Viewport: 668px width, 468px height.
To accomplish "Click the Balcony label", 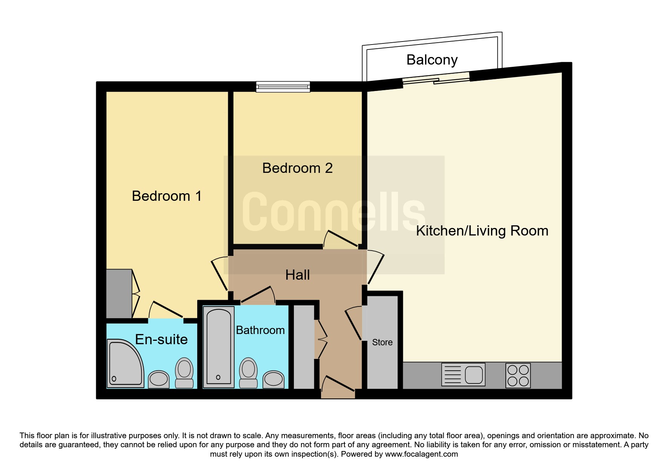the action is [x=432, y=60].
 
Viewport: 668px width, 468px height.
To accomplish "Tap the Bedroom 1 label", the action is [x=167, y=196].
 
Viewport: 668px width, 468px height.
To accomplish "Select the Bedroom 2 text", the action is [x=297, y=168].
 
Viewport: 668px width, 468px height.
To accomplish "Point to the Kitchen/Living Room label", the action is [x=482, y=231].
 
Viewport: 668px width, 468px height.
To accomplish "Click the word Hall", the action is [x=298, y=275].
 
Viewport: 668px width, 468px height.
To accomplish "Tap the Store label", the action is [x=382, y=342].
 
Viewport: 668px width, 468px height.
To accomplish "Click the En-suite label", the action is [x=161, y=339].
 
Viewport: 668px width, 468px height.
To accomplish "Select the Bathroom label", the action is [x=260, y=330].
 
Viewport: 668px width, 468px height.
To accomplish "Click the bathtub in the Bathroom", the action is [x=218, y=347].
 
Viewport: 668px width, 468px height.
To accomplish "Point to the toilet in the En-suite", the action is [x=184, y=373].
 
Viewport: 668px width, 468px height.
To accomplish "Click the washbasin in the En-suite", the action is [x=159, y=379].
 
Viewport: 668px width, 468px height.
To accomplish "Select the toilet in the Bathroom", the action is [x=249, y=373].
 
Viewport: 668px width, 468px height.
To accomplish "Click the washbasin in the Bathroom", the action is [x=273, y=379].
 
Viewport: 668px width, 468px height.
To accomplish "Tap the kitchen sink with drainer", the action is [x=463, y=374].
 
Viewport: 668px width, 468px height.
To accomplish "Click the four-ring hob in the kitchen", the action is [x=518, y=376].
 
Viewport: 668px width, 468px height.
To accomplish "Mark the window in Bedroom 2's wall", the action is [x=283, y=87].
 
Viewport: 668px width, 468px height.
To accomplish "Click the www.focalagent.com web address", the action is [x=421, y=454].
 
